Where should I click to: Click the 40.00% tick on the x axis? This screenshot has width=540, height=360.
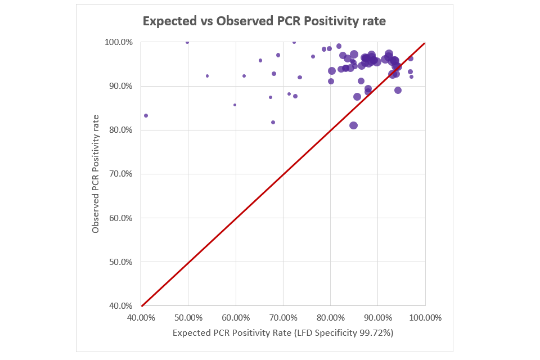click(141, 317)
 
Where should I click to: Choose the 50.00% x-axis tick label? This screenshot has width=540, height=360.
click(188, 317)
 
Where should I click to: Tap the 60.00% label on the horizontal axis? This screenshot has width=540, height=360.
click(236, 317)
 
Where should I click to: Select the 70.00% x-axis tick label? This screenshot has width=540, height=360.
click(283, 317)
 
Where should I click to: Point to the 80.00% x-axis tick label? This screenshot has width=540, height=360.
click(330, 317)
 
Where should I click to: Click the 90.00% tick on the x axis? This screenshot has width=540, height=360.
click(377, 317)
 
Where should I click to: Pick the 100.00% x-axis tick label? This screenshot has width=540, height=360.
click(425, 317)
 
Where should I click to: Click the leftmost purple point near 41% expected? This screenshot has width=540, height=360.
click(146, 115)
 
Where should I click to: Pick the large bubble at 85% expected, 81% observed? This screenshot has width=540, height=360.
click(353, 125)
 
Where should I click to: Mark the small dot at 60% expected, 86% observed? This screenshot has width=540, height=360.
click(235, 105)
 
